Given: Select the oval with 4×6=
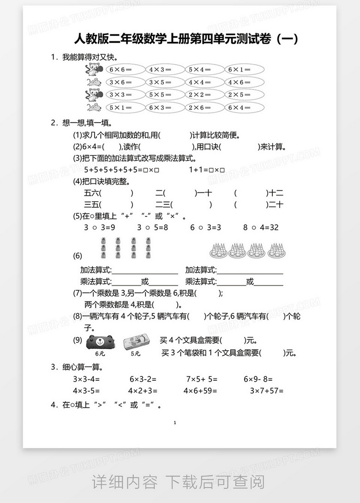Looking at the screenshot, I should click(x=245, y=82).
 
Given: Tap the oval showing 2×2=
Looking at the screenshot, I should click(x=205, y=95).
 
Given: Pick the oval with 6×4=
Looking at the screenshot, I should click(x=245, y=108).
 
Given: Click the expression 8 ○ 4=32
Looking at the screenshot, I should click(x=261, y=228).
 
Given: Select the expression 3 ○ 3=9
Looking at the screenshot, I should click(x=99, y=228).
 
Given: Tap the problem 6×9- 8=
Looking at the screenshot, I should click(x=258, y=379).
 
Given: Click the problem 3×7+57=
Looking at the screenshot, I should click(x=266, y=391).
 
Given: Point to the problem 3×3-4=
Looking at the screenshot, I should click(x=86, y=379).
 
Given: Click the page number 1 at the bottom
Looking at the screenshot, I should click(x=175, y=423).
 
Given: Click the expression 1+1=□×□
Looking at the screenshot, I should click(x=206, y=170).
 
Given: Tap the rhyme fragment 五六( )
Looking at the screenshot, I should click(x=109, y=193).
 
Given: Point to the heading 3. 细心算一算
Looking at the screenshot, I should click(x=78, y=367).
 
